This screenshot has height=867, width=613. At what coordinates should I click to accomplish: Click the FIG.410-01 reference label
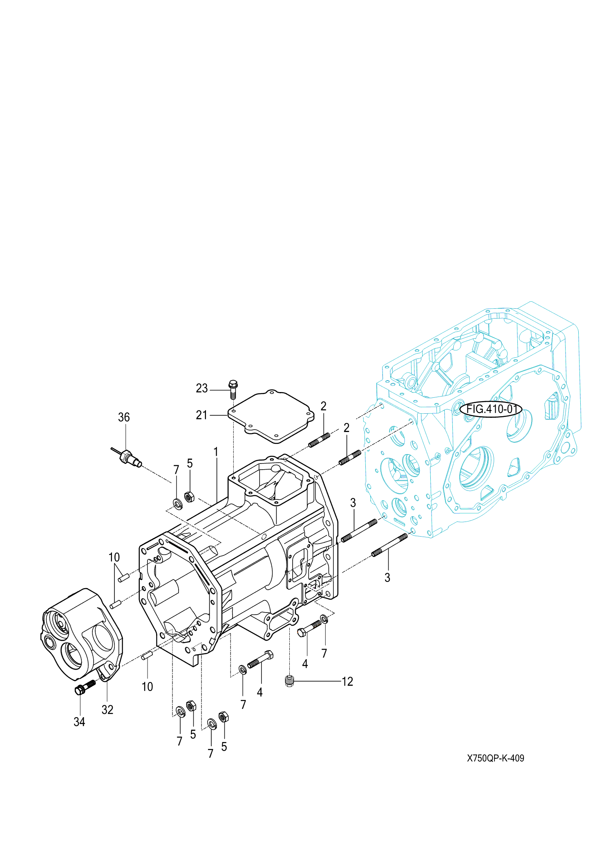(x=491, y=409)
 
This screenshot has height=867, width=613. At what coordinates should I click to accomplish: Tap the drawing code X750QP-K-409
(x=495, y=758)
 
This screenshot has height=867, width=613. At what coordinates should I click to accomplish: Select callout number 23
(x=202, y=388)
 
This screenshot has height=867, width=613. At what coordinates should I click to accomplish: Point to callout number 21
(x=202, y=415)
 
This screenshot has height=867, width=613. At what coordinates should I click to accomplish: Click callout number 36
(x=124, y=417)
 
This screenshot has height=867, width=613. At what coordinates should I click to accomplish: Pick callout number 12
(x=347, y=682)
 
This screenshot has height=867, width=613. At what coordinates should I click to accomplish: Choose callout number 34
(x=79, y=722)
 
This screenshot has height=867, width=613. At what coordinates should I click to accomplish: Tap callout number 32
(x=107, y=710)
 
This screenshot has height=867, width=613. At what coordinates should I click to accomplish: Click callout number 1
(x=216, y=452)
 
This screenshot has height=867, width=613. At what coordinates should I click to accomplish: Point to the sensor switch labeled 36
(x=128, y=457)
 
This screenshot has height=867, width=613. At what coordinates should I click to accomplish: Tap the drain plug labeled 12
(x=290, y=681)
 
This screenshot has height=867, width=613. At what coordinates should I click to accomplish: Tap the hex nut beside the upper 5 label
(x=189, y=497)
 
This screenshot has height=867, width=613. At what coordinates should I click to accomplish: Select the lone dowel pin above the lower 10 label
(x=147, y=655)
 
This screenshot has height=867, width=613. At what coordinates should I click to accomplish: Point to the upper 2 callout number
(x=323, y=406)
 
